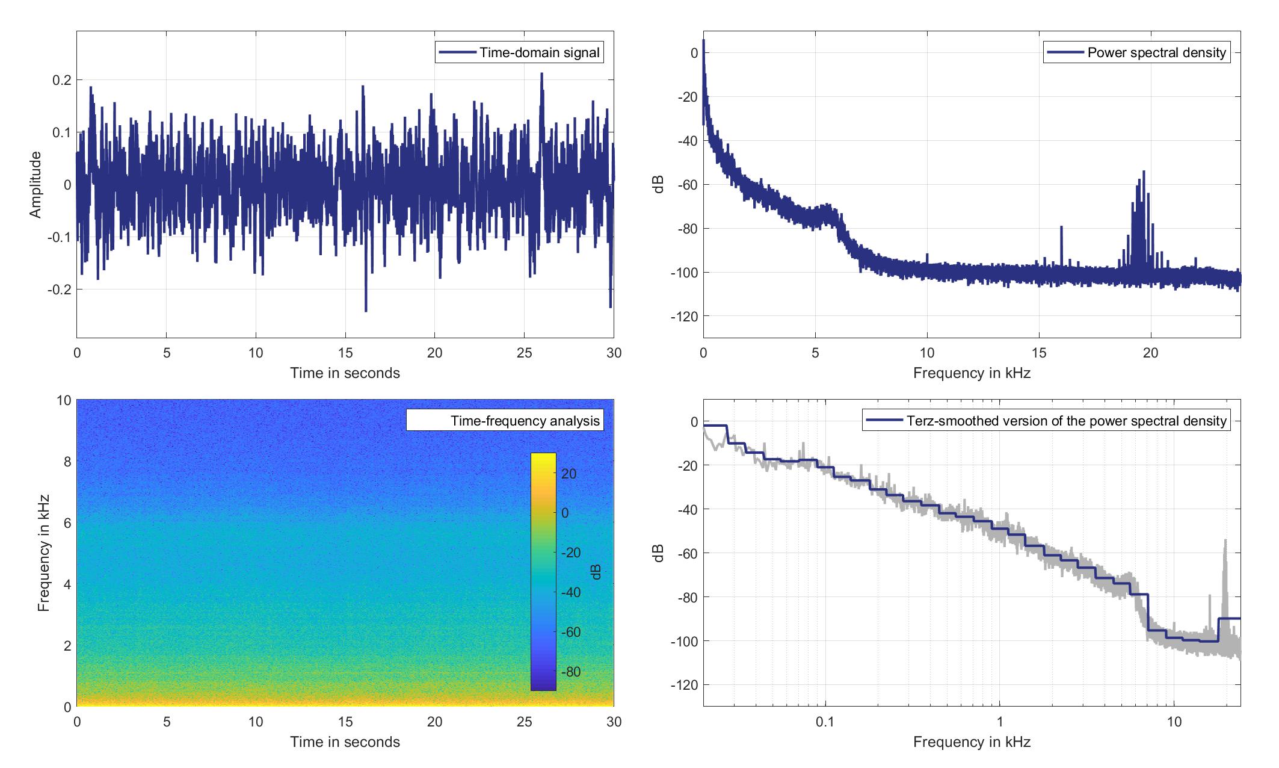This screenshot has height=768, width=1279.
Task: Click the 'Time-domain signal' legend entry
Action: (519, 53)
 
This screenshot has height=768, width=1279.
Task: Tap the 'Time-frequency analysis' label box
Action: (504, 420)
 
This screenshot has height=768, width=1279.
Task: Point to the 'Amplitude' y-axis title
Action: (35, 185)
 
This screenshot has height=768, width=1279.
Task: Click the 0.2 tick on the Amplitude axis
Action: (61, 80)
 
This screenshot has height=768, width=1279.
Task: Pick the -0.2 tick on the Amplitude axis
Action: (58, 290)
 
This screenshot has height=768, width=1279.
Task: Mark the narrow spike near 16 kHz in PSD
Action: (1061, 228)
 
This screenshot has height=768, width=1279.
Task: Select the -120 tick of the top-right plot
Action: (686, 317)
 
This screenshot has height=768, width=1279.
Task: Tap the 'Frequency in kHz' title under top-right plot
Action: (972, 373)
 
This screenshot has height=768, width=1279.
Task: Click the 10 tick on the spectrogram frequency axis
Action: (64, 401)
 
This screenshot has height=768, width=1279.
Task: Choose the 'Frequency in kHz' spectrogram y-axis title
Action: (43, 553)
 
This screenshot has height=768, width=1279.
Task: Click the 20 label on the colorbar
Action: (569, 474)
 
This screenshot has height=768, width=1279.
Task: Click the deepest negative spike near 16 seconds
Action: (366, 311)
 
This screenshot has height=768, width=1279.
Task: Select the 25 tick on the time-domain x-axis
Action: (524, 353)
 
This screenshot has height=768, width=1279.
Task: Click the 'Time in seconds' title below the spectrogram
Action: (345, 742)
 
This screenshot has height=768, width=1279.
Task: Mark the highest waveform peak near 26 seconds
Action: (541, 74)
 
